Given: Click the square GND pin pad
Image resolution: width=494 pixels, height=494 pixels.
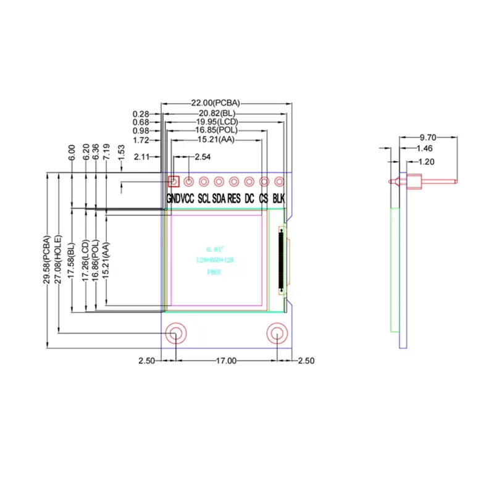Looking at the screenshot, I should click(x=174, y=182).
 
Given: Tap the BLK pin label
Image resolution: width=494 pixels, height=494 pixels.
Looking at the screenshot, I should click(x=279, y=199).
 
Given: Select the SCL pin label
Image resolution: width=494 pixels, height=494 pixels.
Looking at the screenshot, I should click(x=204, y=199).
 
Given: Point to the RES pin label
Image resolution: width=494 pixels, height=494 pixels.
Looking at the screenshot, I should click(x=234, y=199).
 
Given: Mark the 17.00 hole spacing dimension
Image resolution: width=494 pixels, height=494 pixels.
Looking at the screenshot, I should click(x=226, y=361).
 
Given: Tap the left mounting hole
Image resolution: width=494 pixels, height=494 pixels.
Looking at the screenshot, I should click(x=175, y=334).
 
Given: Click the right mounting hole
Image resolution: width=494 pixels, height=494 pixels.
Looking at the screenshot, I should click(x=278, y=334).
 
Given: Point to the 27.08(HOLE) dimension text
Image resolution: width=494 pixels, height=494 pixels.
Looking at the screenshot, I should click(x=57, y=260).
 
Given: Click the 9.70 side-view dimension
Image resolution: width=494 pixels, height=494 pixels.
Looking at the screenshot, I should click(x=427, y=138).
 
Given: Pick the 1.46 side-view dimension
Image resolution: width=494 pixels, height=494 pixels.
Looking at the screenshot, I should click(x=424, y=149).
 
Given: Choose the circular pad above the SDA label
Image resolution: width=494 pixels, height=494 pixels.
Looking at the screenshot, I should click(x=219, y=182).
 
